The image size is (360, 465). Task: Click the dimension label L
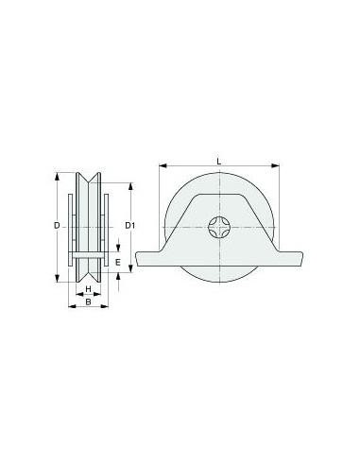(x=219, y=162)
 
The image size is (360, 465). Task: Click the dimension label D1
(x=130, y=225)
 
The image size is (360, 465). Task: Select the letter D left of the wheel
(x=57, y=225)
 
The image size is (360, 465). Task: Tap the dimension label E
(x=118, y=262)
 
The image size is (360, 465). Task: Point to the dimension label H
(x=89, y=288)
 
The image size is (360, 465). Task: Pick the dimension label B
(x=89, y=301)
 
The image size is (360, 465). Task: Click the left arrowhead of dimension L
(x=163, y=165)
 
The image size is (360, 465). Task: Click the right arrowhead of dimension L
(x=276, y=165)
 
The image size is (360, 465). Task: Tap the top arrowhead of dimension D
(x=57, y=177)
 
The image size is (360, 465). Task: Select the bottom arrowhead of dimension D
(x=57, y=278)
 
